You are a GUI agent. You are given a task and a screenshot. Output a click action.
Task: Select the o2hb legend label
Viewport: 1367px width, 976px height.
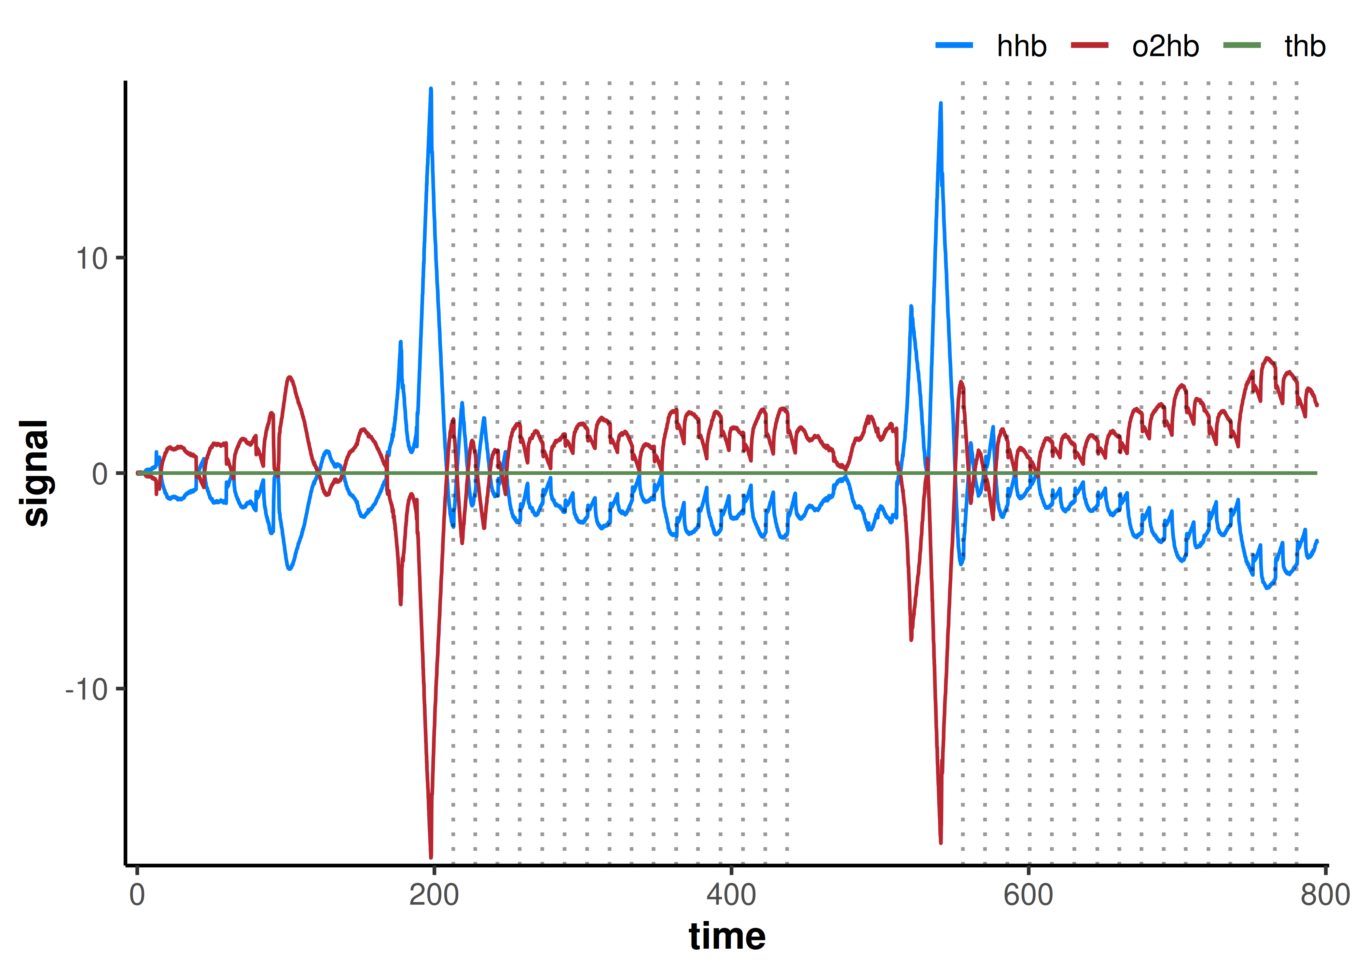point(1165,46)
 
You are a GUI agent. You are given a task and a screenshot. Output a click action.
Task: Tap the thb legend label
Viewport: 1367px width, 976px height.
point(1305,46)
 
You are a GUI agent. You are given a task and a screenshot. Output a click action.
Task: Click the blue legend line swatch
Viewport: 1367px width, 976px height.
point(954,45)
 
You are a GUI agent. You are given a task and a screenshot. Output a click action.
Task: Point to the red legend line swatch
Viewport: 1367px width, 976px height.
point(1089,45)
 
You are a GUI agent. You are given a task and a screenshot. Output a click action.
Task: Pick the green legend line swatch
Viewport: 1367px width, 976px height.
point(1242,45)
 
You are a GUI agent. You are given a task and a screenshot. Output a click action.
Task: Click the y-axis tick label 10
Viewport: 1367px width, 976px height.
point(91,259)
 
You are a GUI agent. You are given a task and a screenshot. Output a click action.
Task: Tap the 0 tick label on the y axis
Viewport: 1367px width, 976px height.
point(100,474)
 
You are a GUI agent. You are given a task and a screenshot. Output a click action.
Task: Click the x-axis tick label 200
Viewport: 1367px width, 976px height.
point(434,895)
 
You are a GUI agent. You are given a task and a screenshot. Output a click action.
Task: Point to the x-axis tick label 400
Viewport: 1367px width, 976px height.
point(731,895)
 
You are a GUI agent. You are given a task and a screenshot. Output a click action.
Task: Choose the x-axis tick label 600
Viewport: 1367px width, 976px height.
point(1028,895)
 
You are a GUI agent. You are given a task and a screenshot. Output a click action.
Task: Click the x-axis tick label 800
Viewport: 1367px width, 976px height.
point(1325,895)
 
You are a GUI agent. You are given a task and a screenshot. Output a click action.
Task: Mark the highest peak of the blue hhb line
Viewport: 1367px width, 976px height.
point(430,89)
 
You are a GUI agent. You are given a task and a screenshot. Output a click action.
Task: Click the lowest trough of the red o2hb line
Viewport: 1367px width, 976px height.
point(430,857)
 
